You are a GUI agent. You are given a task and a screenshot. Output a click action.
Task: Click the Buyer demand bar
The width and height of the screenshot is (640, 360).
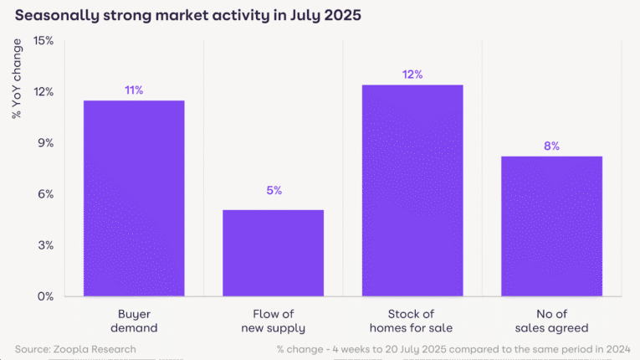[134, 198]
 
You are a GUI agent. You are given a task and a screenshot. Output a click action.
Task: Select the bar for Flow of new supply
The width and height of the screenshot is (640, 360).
[273, 253]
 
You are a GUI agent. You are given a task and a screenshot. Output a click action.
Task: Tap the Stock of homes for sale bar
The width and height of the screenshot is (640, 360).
[412, 191]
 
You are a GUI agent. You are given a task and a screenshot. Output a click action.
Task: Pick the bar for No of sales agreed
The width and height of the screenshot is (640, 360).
[551, 226]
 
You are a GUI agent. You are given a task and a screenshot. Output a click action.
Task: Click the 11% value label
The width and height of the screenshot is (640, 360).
[134, 90]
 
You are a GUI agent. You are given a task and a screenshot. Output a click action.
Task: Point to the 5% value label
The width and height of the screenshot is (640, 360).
[274, 191]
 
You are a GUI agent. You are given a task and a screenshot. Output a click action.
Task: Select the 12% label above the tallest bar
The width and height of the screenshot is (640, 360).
[412, 75]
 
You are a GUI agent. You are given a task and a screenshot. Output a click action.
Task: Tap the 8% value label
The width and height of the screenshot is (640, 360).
[551, 146]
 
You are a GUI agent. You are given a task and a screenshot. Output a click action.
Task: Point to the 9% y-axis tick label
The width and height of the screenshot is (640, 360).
[44, 142]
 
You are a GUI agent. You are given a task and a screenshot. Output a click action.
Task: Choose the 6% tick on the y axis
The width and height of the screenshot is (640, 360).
[44, 193]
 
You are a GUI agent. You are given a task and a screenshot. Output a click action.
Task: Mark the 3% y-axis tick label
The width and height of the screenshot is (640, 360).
[44, 245]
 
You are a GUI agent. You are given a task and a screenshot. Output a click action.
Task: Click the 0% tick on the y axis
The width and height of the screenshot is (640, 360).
[44, 296]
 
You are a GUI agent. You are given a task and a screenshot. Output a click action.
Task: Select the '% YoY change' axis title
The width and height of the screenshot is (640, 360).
[17, 78]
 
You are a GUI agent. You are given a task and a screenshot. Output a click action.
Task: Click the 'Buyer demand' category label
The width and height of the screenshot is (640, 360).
[134, 321]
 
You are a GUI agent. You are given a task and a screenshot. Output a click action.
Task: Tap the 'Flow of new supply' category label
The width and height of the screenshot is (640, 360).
[273, 321]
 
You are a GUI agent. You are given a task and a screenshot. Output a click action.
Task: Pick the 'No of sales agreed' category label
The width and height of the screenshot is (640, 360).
[551, 321]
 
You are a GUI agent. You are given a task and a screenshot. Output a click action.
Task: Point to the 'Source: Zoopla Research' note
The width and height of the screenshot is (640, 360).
[75, 348]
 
